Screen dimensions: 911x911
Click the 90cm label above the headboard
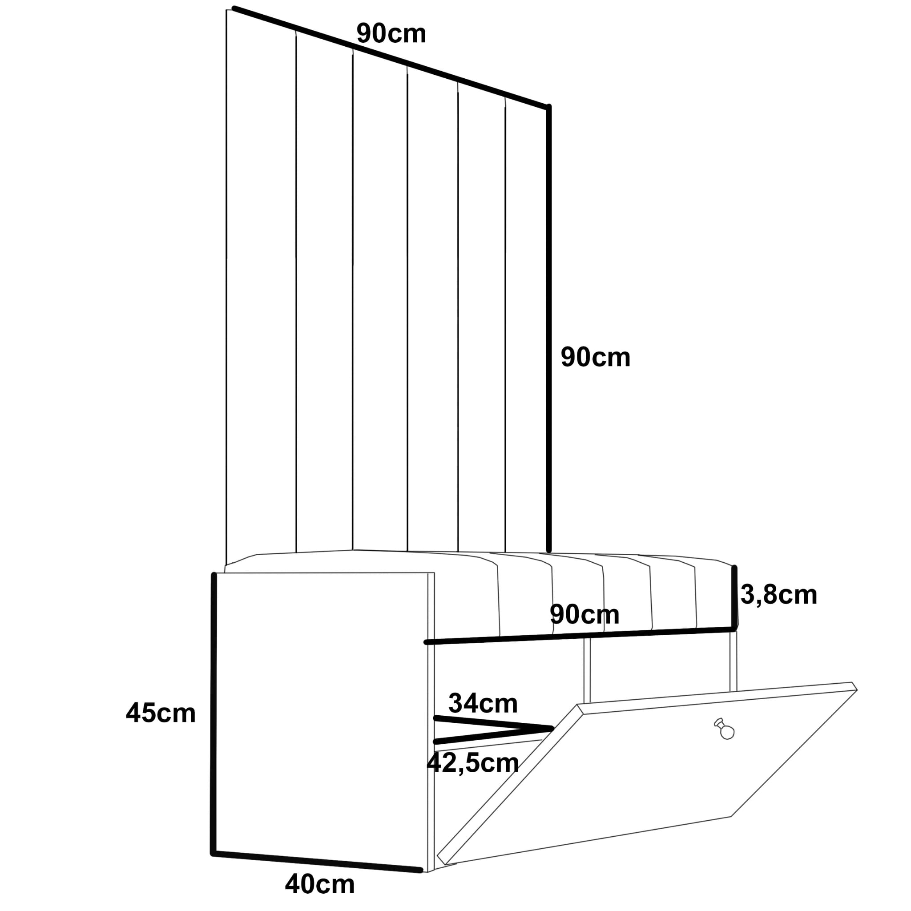[391, 34]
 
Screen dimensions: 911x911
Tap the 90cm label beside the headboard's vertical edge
[595, 358]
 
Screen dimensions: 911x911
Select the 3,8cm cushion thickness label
[778, 595]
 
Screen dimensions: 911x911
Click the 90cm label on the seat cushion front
[584, 614]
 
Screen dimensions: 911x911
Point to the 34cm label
[483, 703]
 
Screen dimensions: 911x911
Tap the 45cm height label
[160, 713]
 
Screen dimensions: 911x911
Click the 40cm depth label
[320, 884]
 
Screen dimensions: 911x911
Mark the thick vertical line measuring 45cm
[213, 717]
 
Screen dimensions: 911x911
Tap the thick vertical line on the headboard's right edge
[549, 330]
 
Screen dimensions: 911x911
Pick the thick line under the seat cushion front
[580, 635]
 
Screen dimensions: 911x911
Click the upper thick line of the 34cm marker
[493, 723]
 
